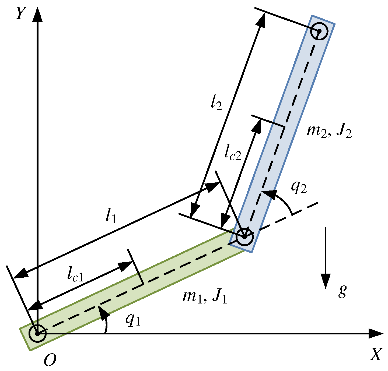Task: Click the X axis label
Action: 376,354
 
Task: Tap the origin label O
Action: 50,360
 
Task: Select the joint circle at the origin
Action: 38,333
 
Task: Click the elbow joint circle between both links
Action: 244,237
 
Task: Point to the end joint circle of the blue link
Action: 319,31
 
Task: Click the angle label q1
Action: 133,320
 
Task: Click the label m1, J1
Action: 205,296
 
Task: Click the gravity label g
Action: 342,291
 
